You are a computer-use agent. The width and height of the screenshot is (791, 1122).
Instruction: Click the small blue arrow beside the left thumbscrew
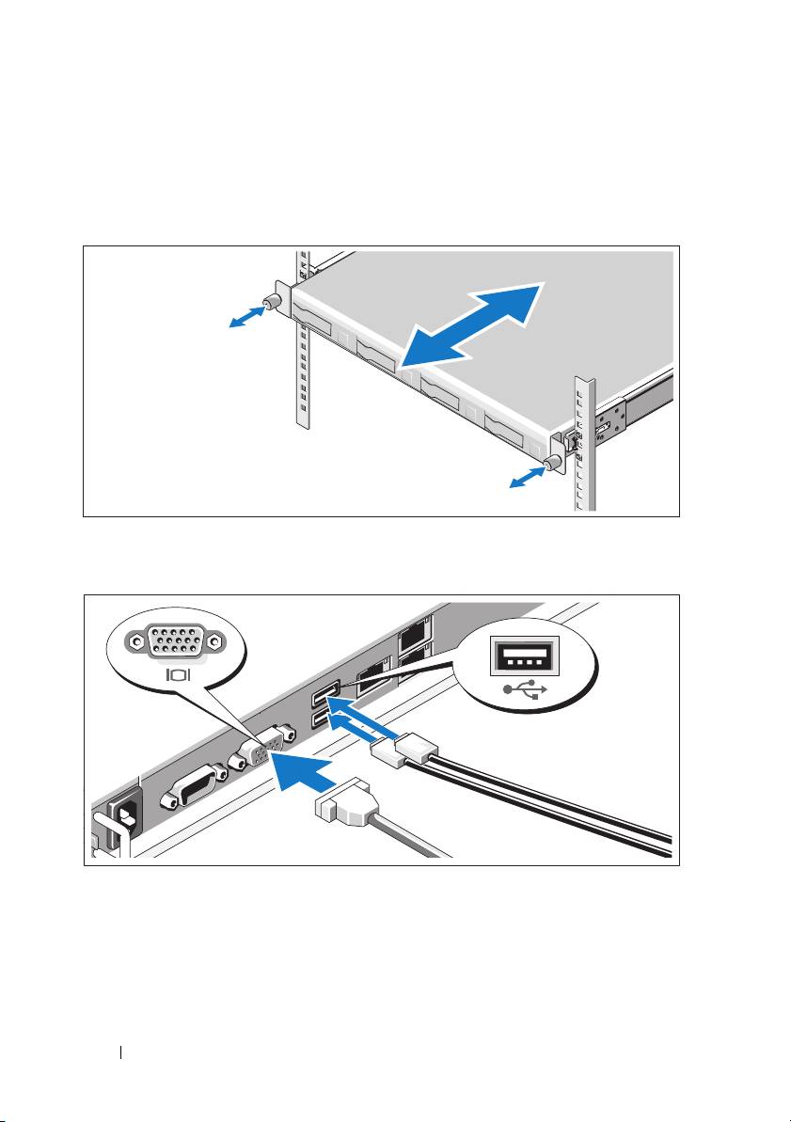[246, 317]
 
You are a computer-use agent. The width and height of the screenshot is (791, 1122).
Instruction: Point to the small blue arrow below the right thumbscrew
[527, 478]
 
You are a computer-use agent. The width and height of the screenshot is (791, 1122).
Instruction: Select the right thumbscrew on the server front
[552, 462]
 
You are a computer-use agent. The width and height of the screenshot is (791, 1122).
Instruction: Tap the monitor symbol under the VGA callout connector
[178, 674]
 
